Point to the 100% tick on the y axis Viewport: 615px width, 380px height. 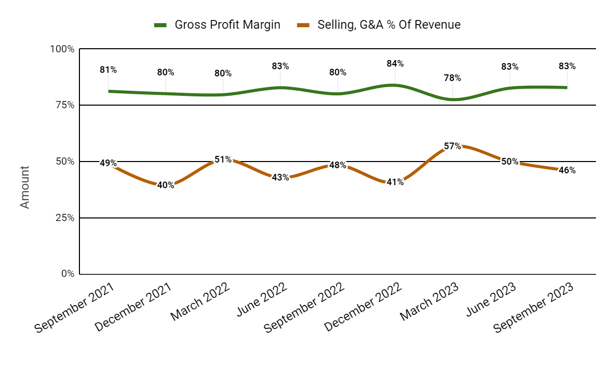click(x=62, y=49)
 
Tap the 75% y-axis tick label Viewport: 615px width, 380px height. click(x=65, y=105)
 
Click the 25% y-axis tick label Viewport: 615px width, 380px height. click(x=65, y=217)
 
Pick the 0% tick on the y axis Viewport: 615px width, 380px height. click(x=67, y=274)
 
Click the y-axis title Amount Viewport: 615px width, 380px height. click(x=25, y=187)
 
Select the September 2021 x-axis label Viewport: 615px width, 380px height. click(x=75, y=307)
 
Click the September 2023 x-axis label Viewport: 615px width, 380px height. click(x=534, y=307)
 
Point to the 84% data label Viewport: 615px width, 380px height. click(x=395, y=64)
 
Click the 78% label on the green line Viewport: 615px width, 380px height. click(x=453, y=78)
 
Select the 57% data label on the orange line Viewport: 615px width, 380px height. click(x=453, y=146)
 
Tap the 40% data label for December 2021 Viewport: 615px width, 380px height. click(x=166, y=185)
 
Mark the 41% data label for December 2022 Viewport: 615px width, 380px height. click(x=395, y=182)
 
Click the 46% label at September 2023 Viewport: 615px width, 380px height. click(x=567, y=170)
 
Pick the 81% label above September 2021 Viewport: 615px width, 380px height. click(x=108, y=70)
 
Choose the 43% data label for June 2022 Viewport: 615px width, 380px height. click(x=280, y=177)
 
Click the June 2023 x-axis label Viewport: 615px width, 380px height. click(x=487, y=303)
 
